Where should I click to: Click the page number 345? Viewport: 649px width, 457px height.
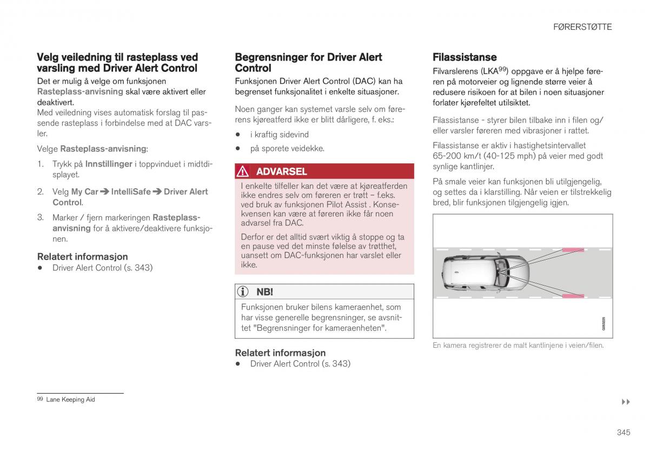click(x=623, y=432)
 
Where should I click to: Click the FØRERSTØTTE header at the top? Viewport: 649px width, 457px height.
click(x=582, y=27)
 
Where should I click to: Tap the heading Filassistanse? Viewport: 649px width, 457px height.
click(x=464, y=57)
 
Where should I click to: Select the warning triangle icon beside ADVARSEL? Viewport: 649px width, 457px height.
click(x=243, y=171)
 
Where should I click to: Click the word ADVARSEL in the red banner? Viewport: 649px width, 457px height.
click(x=281, y=171)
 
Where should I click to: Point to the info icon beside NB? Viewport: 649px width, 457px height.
click(x=243, y=292)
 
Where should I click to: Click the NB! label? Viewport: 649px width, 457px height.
click(x=264, y=292)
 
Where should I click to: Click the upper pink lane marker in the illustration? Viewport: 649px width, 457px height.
click(x=573, y=250)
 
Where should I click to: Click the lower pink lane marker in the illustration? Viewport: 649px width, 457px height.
click(x=573, y=296)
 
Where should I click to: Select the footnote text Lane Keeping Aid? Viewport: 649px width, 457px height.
click(x=70, y=400)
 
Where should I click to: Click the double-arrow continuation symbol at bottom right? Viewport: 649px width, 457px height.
click(x=626, y=402)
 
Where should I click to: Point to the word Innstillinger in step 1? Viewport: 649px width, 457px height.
click(x=109, y=164)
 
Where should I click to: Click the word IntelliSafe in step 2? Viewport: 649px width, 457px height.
click(x=131, y=191)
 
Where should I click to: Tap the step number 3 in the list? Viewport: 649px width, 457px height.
click(x=40, y=217)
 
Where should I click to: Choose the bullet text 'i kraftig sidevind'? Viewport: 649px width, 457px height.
click(x=279, y=134)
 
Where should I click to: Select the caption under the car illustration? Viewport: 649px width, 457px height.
click(x=518, y=345)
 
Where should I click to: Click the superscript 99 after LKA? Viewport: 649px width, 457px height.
click(x=502, y=69)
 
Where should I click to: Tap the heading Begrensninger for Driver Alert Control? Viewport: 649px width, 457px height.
click(x=308, y=63)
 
